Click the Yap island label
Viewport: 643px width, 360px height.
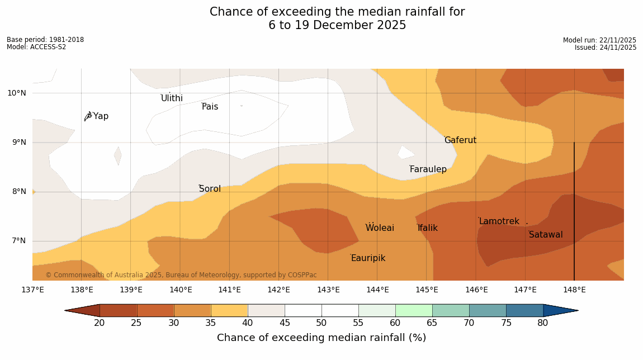click(x=101, y=116)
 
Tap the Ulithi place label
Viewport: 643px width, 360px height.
click(x=172, y=98)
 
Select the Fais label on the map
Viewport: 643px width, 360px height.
click(x=210, y=107)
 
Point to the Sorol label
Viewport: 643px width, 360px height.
click(x=210, y=189)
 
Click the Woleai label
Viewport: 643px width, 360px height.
click(x=380, y=228)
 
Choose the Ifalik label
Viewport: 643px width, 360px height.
click(x=428, y=228)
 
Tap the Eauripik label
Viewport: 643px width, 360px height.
click(x=368, y=258)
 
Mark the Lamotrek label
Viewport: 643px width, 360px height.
click(x=499, y=221)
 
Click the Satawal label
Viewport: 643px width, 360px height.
click(x=546, y=235)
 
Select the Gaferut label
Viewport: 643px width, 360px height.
click(x=460, y=140)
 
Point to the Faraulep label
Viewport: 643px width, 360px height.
click(x=428, y=169)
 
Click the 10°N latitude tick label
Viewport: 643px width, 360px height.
click(x=16, y=93)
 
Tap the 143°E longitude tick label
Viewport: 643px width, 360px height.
click(x=328, y=290)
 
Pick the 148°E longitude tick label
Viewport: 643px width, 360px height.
click(x=574, y=290)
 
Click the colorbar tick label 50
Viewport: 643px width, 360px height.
click(x=321, y=323)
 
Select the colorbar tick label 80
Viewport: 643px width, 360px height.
click(x=543, y=323)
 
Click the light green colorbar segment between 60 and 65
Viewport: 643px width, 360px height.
click(x=414, y=310)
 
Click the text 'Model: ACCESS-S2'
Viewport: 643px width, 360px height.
click(x=36, y=47)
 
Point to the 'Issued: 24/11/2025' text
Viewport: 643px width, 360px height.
click(x=606, y=48)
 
